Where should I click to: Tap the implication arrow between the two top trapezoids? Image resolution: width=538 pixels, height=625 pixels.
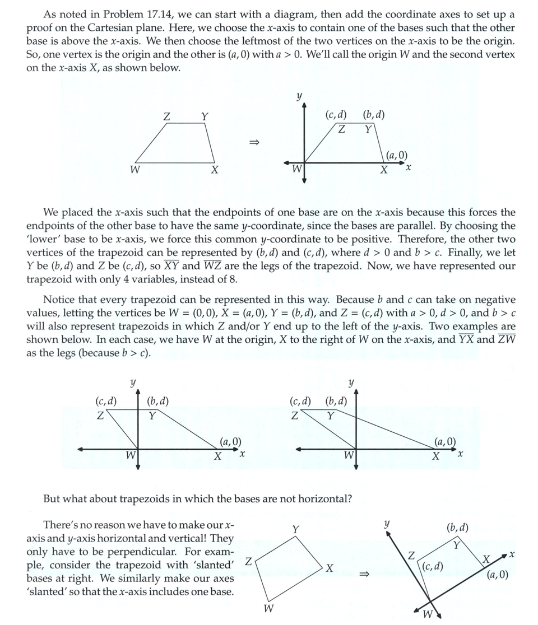[x=254, y=142]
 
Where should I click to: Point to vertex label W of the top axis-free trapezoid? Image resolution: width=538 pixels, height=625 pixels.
[x=134, y=170]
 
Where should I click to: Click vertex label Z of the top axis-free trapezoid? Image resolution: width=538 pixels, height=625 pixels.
[x=166, y=116]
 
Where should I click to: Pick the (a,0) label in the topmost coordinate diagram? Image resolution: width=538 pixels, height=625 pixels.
[x=397, y=156]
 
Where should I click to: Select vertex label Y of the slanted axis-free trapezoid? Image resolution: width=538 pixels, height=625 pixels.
[x=296, y=529]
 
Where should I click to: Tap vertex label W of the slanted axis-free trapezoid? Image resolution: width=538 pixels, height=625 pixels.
[x=269, y=608]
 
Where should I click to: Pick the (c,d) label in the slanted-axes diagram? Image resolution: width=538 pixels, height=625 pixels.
[x=433, y=566]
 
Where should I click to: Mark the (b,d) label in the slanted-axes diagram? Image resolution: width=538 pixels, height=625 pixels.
[x=457, y=528]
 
